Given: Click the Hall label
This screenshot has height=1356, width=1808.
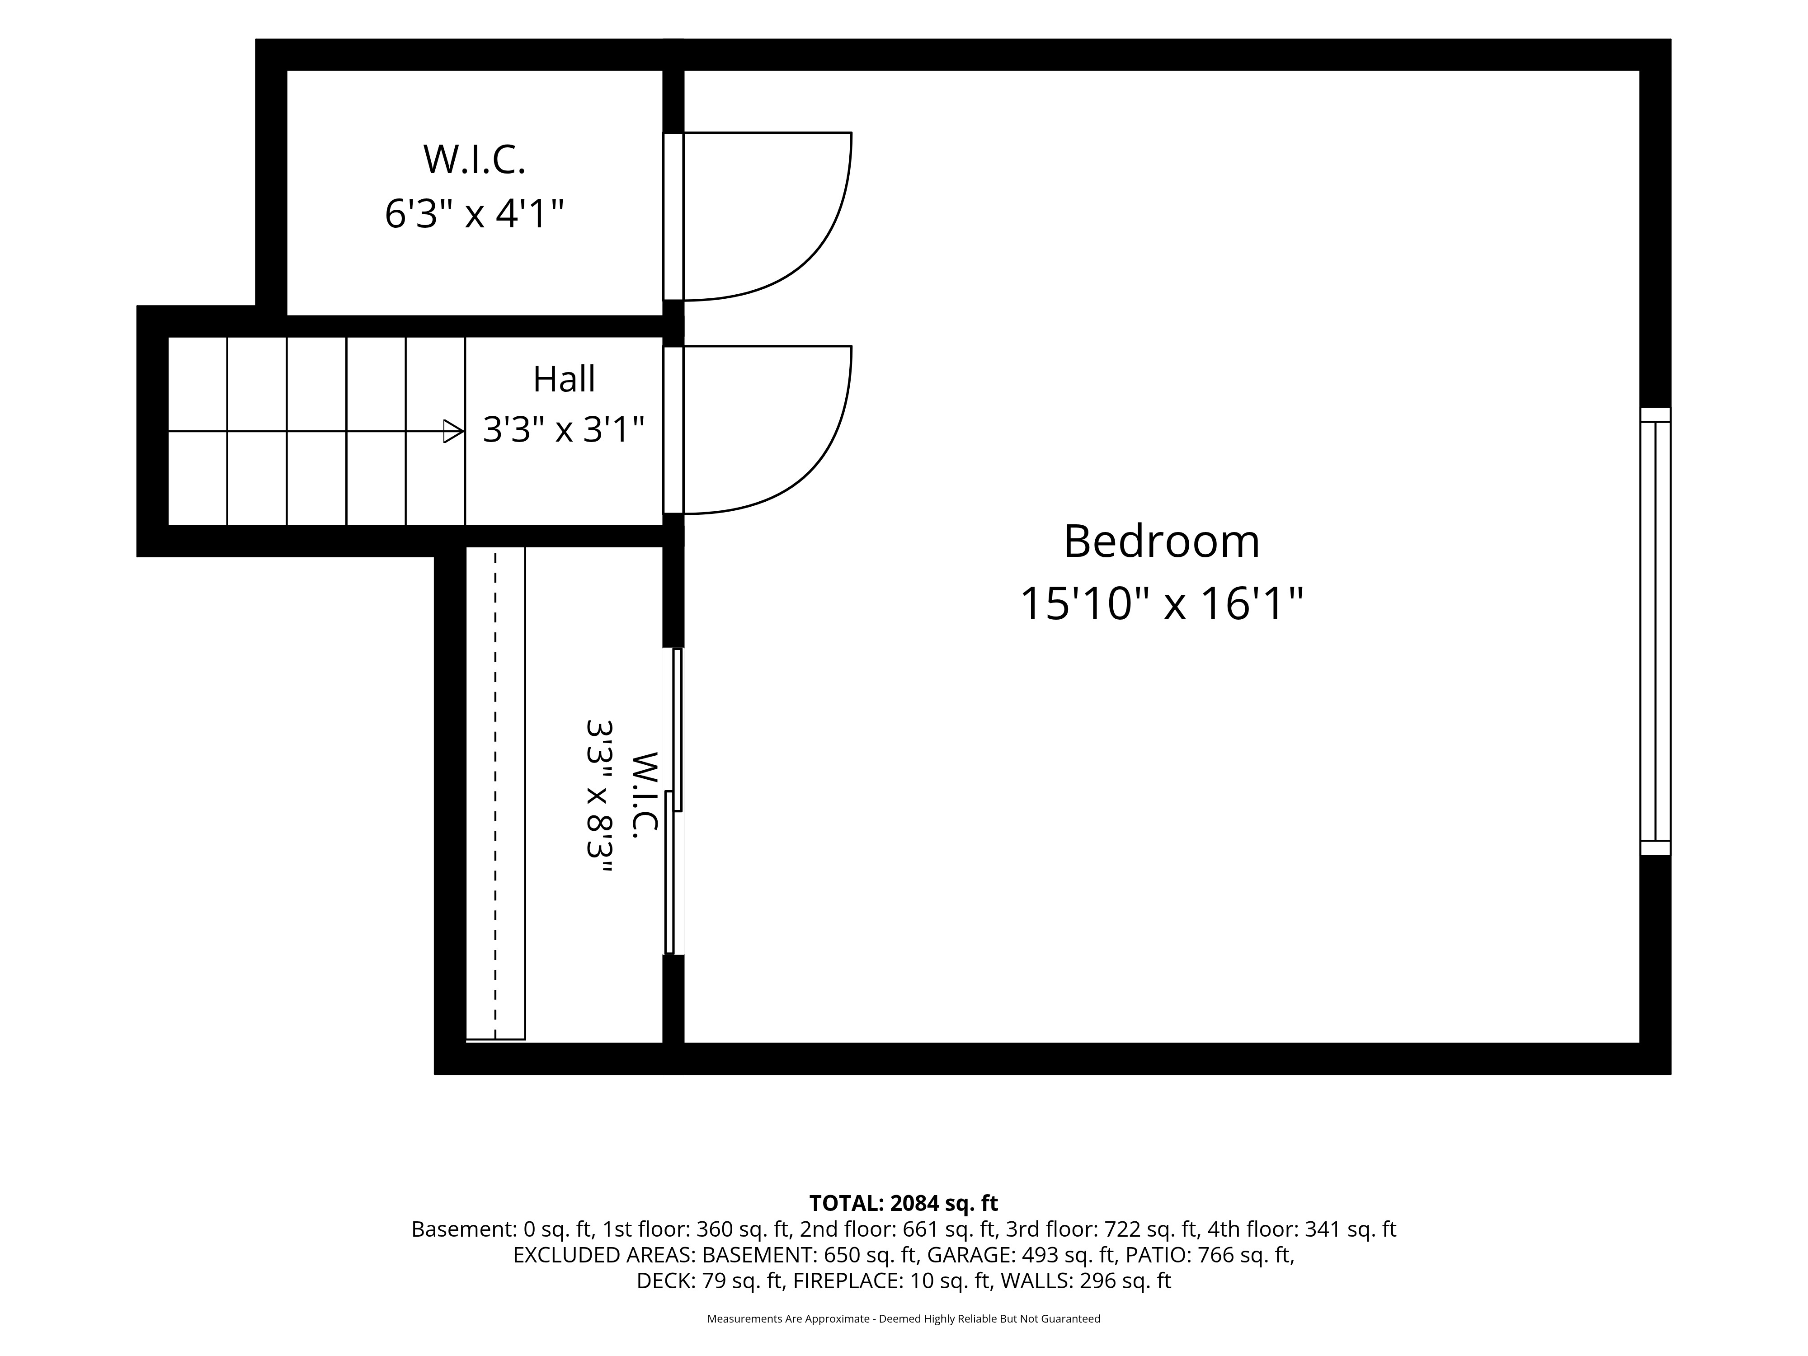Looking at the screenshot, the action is pos(564,379).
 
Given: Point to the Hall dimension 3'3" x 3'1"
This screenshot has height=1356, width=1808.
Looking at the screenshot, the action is pos(564,429).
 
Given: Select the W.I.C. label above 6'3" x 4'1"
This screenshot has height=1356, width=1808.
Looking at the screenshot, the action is pos(474,160).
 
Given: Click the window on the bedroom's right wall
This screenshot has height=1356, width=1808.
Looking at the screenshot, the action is pos(1655,631).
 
